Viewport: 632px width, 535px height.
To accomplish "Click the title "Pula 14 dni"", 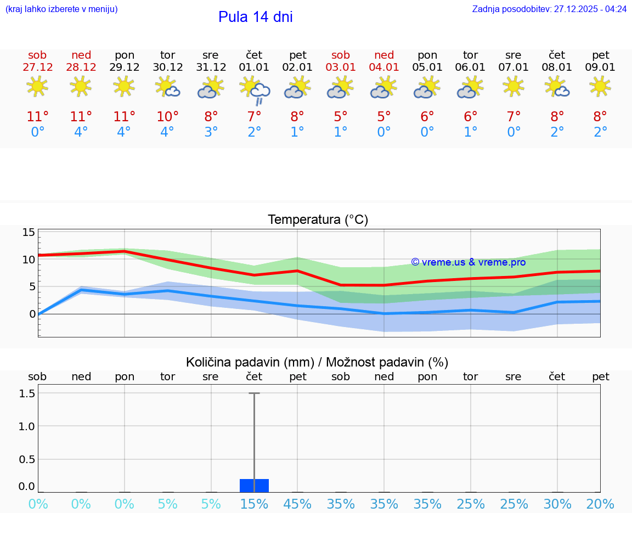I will point(255,17).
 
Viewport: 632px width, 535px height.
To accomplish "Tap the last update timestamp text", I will point(549,9).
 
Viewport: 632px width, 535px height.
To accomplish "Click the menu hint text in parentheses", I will point(61,9).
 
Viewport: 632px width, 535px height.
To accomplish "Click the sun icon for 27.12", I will point(37,87).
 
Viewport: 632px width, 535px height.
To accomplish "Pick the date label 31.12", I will point(211,67).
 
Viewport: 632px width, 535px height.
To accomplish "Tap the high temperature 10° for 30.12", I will point(167,116).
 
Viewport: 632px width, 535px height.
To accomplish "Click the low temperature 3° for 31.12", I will point(211,132).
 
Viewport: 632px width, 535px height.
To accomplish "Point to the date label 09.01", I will point(601,67).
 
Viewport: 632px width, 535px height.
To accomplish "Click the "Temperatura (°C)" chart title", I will point(318,220).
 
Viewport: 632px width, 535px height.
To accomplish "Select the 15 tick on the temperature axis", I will point(29,232).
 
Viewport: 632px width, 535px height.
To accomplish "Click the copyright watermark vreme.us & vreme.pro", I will point(468,262).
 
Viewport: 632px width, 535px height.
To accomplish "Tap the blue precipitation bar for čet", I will point(254,486).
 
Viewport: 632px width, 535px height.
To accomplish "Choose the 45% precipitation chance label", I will point(297,504).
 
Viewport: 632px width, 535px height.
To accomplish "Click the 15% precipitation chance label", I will point(254,504).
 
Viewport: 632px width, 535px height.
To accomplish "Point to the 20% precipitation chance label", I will point(600,504).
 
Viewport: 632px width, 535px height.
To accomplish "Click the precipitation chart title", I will point(317,362).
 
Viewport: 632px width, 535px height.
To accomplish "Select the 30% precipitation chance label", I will point(557,504).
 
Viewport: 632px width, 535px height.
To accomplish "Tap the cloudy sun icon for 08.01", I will point(557,87).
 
